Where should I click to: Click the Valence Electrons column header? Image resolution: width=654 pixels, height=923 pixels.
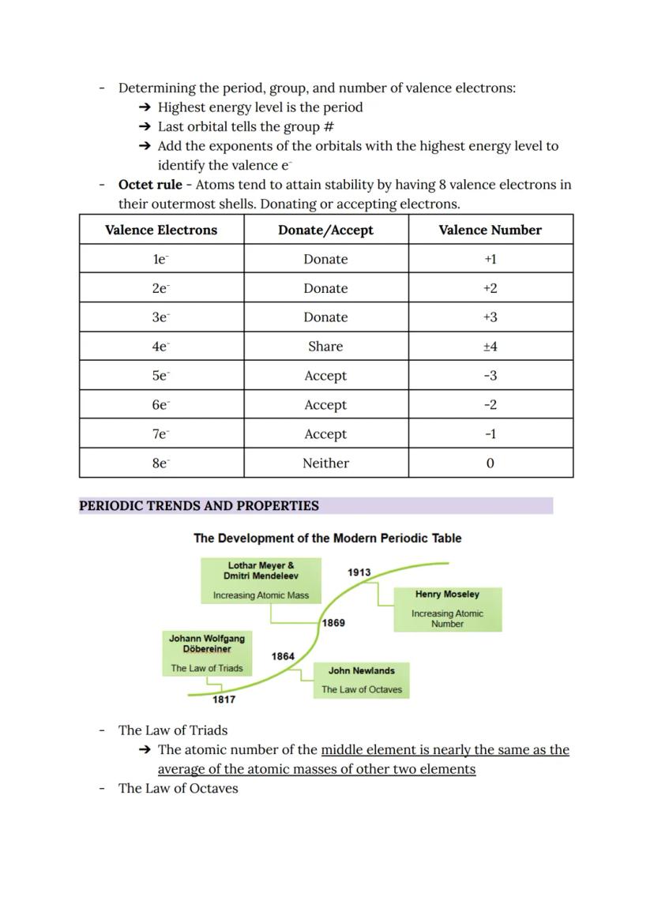click(x=161, y=230)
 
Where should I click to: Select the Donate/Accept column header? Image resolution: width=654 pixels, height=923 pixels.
click(x=325, y=230)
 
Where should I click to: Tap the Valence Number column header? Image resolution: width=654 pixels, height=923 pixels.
click(x=490, y=230)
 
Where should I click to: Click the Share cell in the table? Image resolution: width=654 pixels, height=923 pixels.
click(x=325, y=346)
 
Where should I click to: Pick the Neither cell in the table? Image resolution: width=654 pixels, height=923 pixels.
click(x=325, y=463)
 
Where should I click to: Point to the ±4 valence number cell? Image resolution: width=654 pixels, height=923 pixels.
click(x=490, y=346)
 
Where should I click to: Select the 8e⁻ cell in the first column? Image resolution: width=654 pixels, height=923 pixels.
click(x=161, y=463)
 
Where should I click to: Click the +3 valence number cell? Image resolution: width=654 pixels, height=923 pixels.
click(x=490, y=317)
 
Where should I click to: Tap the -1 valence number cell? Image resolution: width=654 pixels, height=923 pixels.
click(x=490, y=434)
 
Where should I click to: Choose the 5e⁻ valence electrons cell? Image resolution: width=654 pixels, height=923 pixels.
click(x=161, y=376)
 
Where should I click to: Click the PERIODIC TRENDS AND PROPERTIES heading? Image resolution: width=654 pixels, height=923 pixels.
click(x=199, y=506)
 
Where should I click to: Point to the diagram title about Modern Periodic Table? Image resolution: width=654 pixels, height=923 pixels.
click(x=327, y=538)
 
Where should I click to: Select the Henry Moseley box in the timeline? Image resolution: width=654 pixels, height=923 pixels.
click(x=447, y=608)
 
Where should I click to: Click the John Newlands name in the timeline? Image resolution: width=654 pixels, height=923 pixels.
click(x=361, y=670)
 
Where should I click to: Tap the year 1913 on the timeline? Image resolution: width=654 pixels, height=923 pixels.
click(x=359, y=572)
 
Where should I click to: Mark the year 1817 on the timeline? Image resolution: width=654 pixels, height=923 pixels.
click(x=224, y=700)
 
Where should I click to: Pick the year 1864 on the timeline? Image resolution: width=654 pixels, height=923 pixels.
click(x=283, y=656)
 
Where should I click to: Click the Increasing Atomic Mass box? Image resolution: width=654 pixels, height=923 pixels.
click(x=261, y=595)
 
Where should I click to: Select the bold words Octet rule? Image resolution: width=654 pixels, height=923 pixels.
click(x=150, y=185)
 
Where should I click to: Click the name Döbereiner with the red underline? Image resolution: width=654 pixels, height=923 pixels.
click(x=207, y=649)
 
